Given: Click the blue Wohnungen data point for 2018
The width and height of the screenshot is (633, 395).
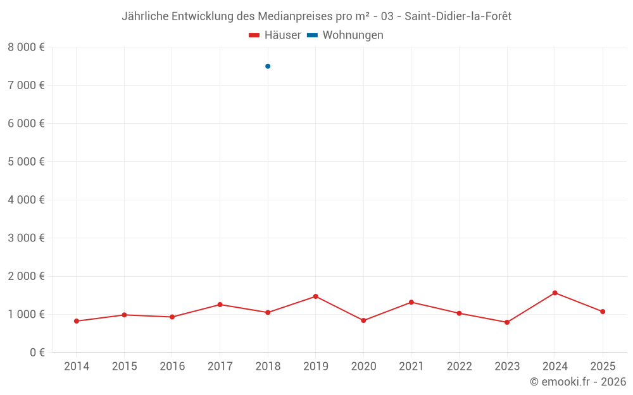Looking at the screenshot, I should click(x=268, y=66).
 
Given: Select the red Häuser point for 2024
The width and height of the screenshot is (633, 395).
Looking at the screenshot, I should click(x=555, y=293).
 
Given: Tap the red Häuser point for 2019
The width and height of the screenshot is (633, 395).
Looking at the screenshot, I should click(x=315, y=296).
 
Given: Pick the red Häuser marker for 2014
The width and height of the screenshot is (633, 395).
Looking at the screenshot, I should click(x=77, y=321).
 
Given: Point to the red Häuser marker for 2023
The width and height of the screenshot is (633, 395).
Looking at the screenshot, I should click(x=507, y=322).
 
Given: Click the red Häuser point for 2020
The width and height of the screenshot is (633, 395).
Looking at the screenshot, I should click(x=363, y=320).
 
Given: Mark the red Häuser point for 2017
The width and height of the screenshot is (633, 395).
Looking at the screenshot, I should click(x=220, y=305).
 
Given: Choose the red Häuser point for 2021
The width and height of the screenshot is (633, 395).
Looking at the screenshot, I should click(x=411, y=302).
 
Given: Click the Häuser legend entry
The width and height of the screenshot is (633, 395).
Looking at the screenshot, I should click(x=275, y=35).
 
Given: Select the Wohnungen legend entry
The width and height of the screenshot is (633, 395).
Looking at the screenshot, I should click(x=345, y=35).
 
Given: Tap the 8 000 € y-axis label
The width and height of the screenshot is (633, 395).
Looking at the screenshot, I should click(x=26, y=47).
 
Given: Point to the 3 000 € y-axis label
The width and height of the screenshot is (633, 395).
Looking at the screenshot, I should click(x=26, y=238).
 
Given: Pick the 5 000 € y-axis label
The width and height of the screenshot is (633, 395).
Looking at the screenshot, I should click(x=26, y=162).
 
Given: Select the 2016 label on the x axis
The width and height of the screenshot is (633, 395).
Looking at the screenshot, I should click(x=172, y=367).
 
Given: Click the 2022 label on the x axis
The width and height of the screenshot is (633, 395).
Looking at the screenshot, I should click(x=459, y=367).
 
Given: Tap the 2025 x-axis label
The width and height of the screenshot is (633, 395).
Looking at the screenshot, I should click(x=603, y=367).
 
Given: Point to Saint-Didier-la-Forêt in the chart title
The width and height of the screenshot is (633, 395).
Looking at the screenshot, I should click(x=458, y=16).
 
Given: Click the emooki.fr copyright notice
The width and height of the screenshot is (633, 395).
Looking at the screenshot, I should click(x=578, y=382).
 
